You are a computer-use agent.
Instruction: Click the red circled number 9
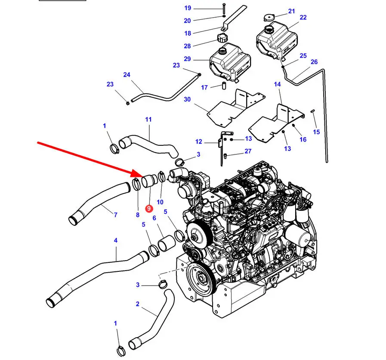coord(148,208)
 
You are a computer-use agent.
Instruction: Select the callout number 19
coord(188,8)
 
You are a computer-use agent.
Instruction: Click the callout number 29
coord(187,59)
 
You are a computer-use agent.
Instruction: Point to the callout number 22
coord(303,18)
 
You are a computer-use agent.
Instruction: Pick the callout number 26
coord(314,62)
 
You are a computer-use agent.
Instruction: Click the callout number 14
coord(277,84)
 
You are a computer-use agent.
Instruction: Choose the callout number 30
coord(187,99)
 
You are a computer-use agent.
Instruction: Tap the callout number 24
coord(127,75)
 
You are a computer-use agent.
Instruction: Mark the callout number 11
coord(148,119)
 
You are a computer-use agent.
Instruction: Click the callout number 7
coord(115,215)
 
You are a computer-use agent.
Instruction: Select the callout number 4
coord(115,240)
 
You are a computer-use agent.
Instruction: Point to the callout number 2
coord(137,304)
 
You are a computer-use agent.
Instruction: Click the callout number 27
coord(248,151)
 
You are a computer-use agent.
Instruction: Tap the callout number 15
coord(316,132)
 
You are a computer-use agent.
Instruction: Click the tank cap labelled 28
coord(222,38)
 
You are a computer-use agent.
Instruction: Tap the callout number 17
coord(204,88)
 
